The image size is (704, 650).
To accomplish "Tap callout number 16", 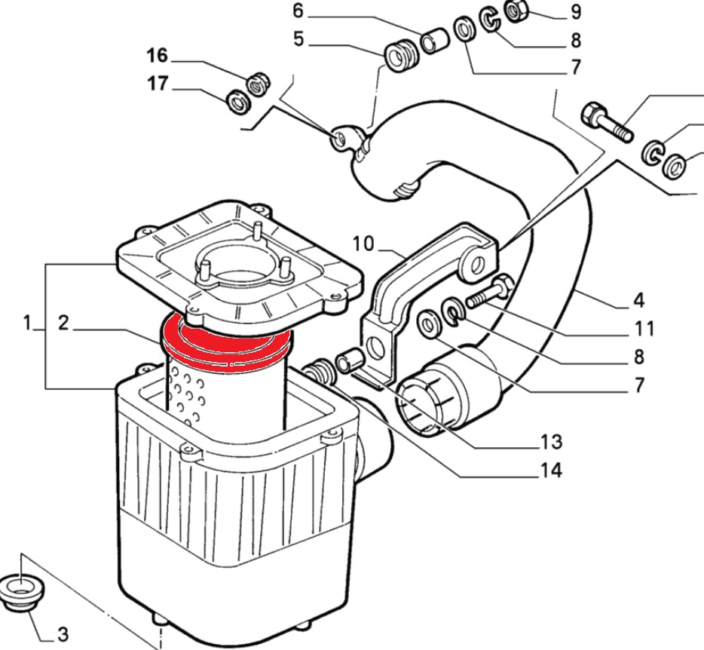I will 156,57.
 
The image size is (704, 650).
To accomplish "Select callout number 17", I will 156,85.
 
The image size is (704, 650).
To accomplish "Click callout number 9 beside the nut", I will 576,12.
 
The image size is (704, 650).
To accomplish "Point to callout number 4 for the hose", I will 638,301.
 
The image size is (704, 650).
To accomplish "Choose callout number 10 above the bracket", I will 363,244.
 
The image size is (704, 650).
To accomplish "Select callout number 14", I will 550,471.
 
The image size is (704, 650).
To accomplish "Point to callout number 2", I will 63,323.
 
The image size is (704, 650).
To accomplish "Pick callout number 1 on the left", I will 27,323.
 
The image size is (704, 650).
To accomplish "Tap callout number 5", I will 298,38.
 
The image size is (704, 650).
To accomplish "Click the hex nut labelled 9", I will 517,11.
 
